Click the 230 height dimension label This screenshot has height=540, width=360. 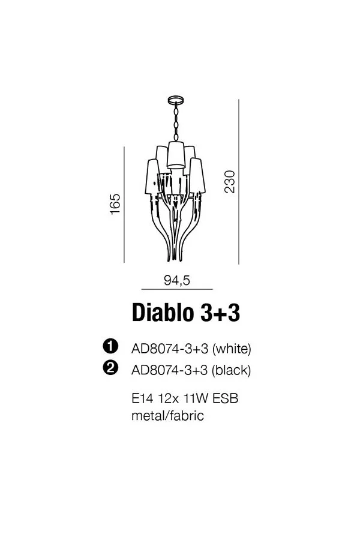click(230, 181)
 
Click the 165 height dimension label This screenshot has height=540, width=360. click(115, 203)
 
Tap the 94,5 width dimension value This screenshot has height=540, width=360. click(177, 280)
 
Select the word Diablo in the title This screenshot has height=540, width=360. click(163, 313)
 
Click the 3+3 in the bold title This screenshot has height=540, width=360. click(220, 313)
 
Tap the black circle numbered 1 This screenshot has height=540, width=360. click(111, 346)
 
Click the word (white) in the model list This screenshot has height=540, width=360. click(232, 349)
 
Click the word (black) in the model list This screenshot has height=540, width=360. click(231, 370)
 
